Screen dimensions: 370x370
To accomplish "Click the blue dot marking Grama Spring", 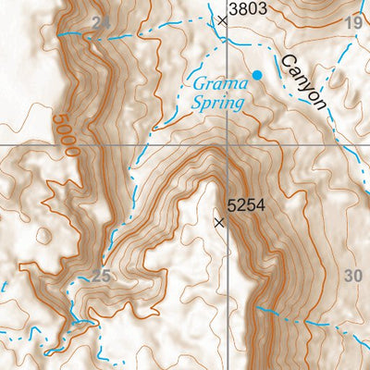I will pyautogui.click(x=257, y=74).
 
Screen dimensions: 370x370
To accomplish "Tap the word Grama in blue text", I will pyautogui.click(x=215, y=84).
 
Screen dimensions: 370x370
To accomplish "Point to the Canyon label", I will pyautogui.click(x=304, y=81).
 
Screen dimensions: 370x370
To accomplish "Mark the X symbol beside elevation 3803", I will pyautogui.click(x=221, y=18).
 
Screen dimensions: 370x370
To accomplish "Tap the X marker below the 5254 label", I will pyautogui.click(x=219, y=222).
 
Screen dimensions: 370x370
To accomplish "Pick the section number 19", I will pyautogui.click(x=352, y=22).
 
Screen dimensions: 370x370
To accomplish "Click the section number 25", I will pyautogui.click(x=102, y=274).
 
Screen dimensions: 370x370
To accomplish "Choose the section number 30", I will pyautogui.click(x=352, y=275).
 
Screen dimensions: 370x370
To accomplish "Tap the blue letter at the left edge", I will pyautogui.click(x=3, y=287).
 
